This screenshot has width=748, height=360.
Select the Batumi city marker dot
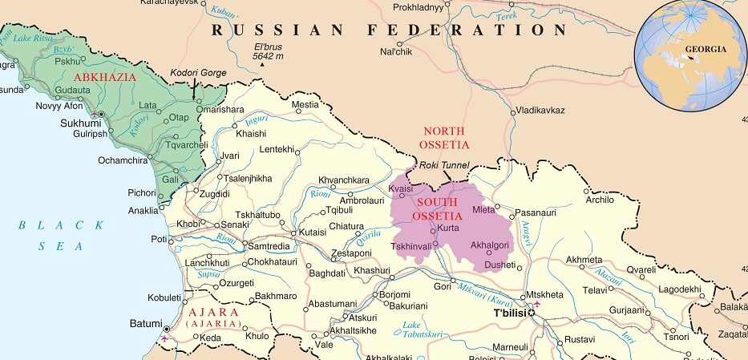coord(167,329)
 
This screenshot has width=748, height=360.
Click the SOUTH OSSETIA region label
coord(438,209)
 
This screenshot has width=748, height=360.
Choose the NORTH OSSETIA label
coord(444,137)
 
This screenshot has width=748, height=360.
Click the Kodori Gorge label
coord(200,74)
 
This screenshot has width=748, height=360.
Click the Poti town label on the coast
coord(158,240)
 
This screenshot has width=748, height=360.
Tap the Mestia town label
coord(305,104)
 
